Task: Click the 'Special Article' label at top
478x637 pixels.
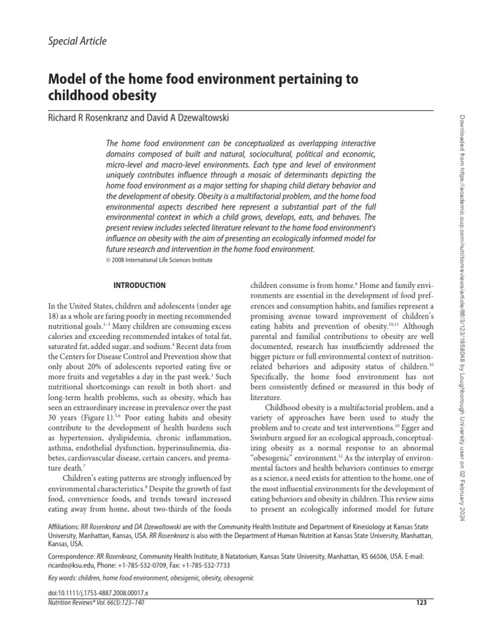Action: [x=77, y=41]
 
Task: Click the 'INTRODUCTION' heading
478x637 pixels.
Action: [x=139, y=286]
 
